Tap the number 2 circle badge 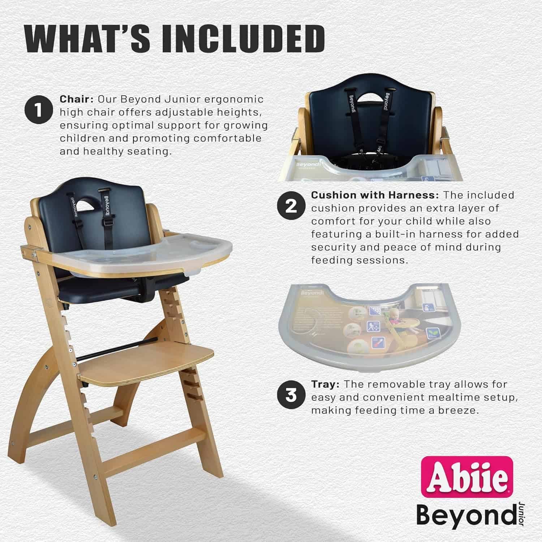click(x=291, y=206)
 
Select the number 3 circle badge click(x=291, y=395)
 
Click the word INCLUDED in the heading click(x=243, y=38)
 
